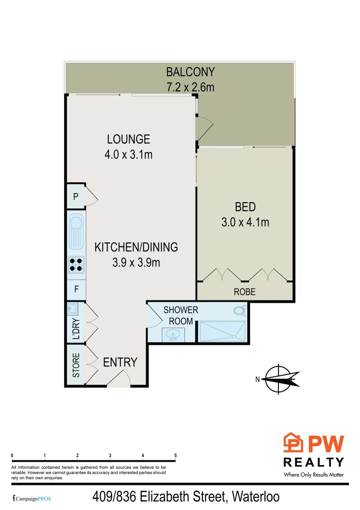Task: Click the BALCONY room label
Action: [190, 72]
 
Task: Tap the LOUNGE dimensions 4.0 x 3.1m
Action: [128, 154]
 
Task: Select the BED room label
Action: [245, 207]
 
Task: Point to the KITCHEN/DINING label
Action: [136, 247]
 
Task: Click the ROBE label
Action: [244, 292]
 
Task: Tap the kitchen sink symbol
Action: [76, 231]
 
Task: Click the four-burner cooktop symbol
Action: [76, 264]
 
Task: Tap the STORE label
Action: [76, 365]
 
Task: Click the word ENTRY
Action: [120, 362]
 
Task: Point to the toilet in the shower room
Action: [239, 311]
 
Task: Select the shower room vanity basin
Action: [172, 335]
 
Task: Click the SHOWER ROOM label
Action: [180, 315]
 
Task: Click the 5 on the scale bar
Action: [176, 456]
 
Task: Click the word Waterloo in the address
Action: [255, 497]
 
